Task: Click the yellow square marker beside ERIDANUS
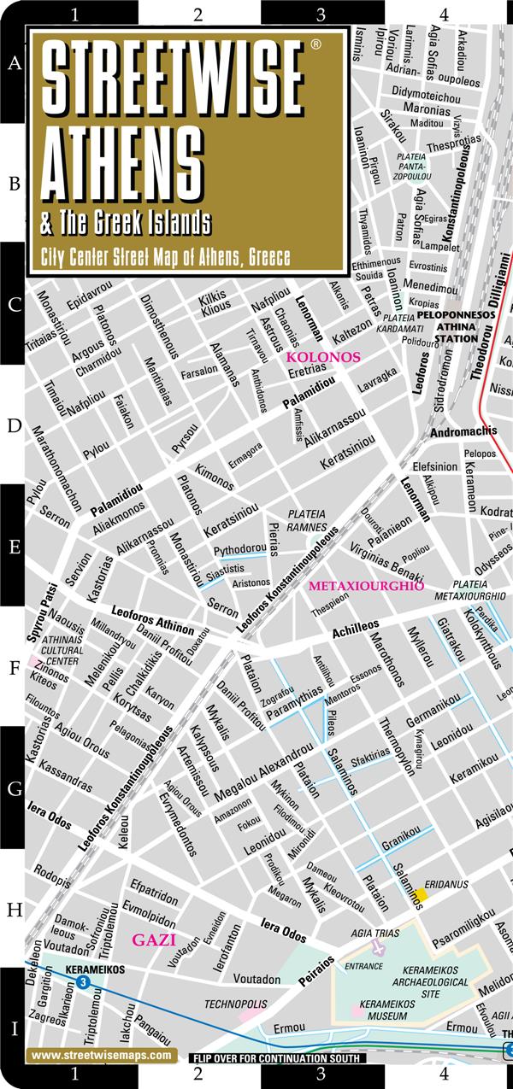point(421,894)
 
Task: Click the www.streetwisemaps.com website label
point(100,1056)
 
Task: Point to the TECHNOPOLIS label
point(231,1004)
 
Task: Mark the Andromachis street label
point(463,432)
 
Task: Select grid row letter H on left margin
point(14,910)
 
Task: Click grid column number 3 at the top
point(321,14)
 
